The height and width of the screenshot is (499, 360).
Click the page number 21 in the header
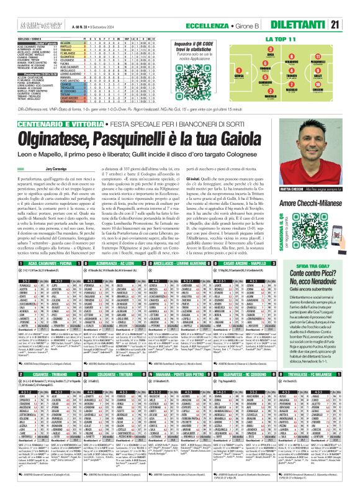351,7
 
